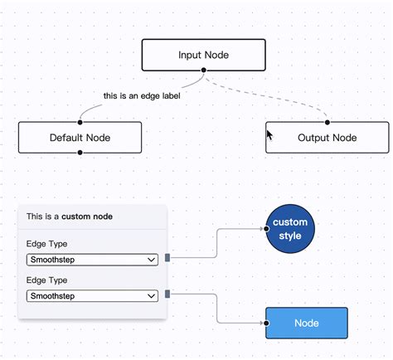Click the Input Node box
203,55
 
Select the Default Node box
80,138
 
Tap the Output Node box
327,138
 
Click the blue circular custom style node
290,229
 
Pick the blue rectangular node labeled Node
306,323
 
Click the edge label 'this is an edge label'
142,95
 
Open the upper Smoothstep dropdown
92,260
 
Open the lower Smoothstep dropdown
92,295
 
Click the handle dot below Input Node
203,71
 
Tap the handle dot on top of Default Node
80,122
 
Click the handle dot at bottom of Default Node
80,153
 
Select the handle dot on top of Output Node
327,122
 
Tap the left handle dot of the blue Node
266,323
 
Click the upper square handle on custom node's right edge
167,257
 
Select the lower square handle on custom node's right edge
167,293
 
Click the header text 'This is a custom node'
70,216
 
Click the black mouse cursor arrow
269,134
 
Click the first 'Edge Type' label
47,244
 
